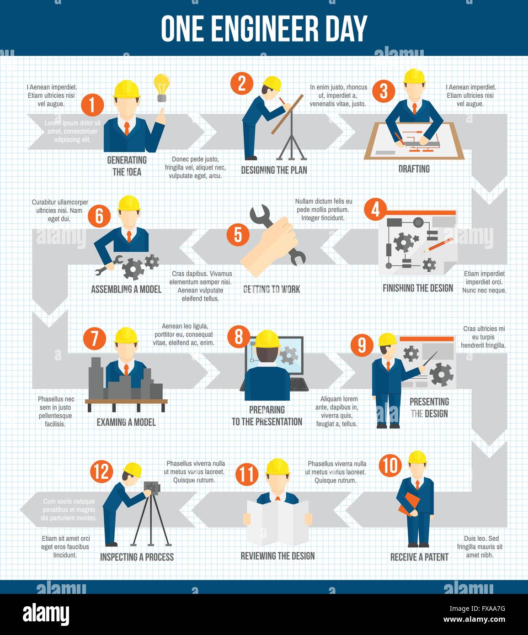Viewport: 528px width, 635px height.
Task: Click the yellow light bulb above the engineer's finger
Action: click(161, 87)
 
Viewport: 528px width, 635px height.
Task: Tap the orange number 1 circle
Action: click(92, 105)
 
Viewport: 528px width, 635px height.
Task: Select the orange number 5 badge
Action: click(238, 234)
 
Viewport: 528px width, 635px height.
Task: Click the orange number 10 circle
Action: click(390, 465)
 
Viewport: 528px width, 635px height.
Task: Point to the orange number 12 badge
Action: click(101, 471)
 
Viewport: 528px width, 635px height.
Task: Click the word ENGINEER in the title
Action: click(264, 28)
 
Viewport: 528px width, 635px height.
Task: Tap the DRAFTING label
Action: click(414, 169)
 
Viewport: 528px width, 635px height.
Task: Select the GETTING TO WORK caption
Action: click(272, 289)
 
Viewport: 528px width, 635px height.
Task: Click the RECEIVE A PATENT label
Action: click(419, 557)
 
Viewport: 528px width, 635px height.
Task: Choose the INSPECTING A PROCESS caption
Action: click(137, 557)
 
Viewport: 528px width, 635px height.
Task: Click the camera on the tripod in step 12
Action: click(152, 488)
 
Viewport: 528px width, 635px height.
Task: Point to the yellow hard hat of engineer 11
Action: click(277, 467)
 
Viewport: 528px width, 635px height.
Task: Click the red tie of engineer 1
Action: click(127, 128)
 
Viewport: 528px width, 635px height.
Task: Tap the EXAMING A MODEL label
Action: click(126, 422)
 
